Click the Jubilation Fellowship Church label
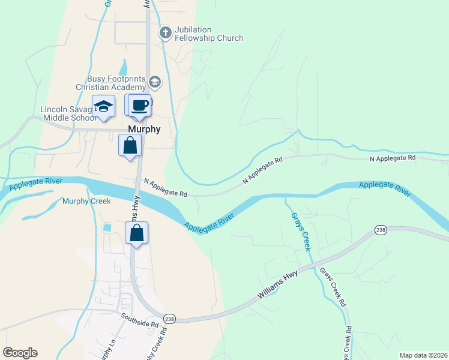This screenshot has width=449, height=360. [x=208, y=33]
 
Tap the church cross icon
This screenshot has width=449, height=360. [x=165, y=32]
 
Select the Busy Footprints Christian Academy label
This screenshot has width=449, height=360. [x=116, y=83]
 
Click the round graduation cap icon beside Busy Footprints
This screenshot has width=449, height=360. [x=155, y=82]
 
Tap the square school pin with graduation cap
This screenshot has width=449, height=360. [x=103, y=106]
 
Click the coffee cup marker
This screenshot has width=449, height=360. [x=139, y=106]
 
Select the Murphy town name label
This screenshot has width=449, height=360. [x=143, y=129]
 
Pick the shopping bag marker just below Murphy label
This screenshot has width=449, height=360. [x=130, y=146]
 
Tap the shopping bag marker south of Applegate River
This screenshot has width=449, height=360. [x=137, y=233]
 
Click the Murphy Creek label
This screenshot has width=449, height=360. [x=86, y=201]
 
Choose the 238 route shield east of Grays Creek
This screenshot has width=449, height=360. [x=380, y=230]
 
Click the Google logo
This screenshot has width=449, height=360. [x=20, y=352]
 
